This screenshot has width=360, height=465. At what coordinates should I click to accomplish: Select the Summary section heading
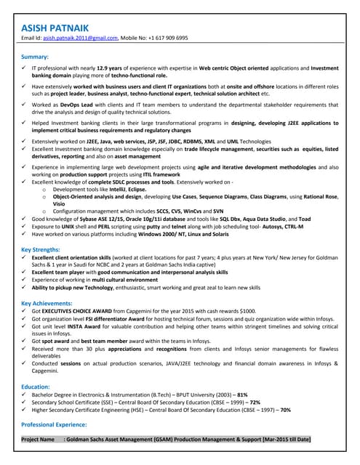(x=35, y=56)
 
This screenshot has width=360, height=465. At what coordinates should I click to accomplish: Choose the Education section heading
(x=36, y=387)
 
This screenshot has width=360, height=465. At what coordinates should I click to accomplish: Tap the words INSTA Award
(x=86, y=326)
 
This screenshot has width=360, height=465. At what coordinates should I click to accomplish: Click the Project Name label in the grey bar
(x=39, y=440)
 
